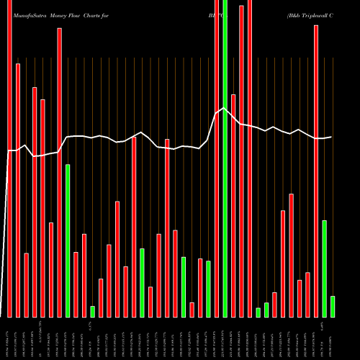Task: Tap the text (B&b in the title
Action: point(295,14)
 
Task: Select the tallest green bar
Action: point(225,158)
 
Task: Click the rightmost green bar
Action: point(333,306)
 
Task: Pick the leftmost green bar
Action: point(68,240)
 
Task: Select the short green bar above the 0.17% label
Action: point(93,311)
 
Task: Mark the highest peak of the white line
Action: point(225,109)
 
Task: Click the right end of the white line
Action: point(332,137)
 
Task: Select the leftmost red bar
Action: point(9,158)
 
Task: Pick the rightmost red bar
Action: point(316,171)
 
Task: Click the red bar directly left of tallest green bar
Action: point(217,158)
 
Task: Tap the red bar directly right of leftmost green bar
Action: point(76,284)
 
